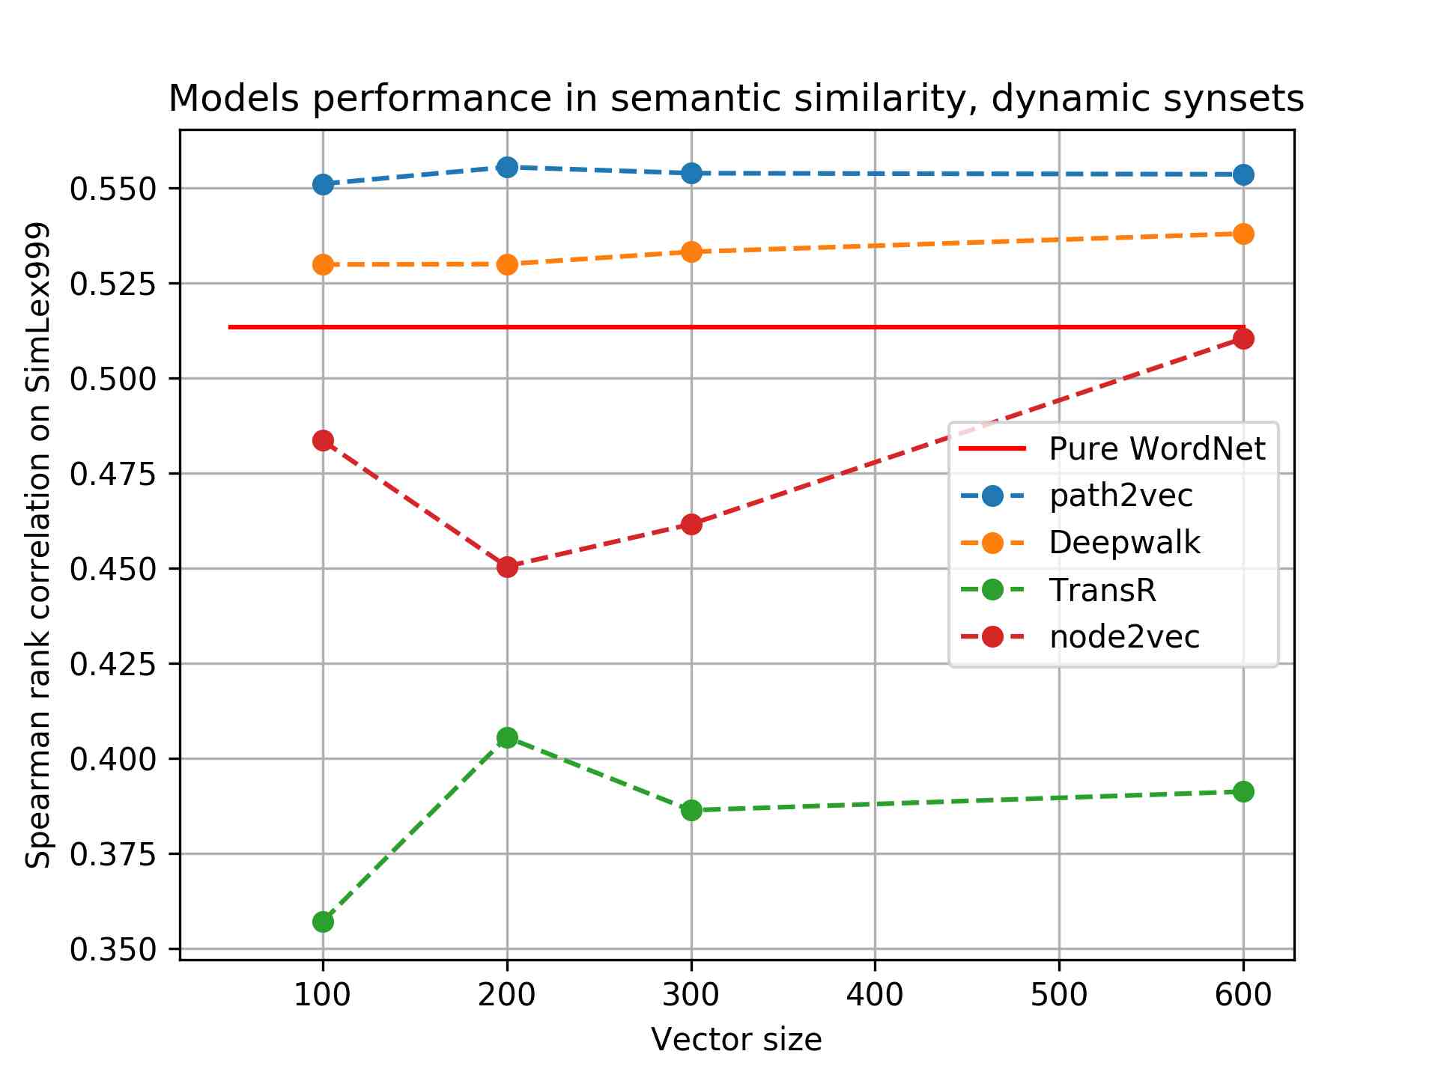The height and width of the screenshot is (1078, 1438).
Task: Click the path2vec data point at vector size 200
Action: pyautogui.click(x=507, y=167)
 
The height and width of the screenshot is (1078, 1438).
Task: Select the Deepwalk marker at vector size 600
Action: pyautogui.click(x=1243, y=234)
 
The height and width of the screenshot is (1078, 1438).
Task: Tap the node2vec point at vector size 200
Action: pyautogui.click(x=507, y=567)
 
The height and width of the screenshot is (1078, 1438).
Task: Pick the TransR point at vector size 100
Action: pyautogui.click(x=323, y=922)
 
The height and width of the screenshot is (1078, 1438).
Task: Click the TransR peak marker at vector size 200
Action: pyautogui.click(x=507, y=737)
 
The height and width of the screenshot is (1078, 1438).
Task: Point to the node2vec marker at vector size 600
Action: pyautogui.click(x=1243, y=339)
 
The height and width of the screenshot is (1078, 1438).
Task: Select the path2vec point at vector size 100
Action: pyautogui.click(x=323, y=184)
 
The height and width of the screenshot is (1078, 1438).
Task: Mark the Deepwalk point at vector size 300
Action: pyautogui.click(x=691, y=252)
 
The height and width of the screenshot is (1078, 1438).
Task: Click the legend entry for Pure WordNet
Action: pyautogui.click(x=1156, y=449)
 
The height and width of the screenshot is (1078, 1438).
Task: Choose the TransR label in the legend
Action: pyautogui.click(x=1102, y=590)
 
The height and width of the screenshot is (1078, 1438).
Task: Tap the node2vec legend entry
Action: pyautogui.click(x=1124, y=637)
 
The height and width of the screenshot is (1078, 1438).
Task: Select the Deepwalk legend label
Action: pyautogui.click(x=1124, y=543)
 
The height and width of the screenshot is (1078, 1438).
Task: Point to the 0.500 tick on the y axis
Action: pyautogui.click(x=113, y=379)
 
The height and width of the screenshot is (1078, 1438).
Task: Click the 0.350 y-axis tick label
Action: pyautogui.click(x=113, y=949)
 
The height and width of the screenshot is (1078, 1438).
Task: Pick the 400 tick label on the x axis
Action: pyautogui.click(x=875, y=995)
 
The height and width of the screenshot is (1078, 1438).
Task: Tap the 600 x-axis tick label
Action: pyautogui.click(x=1243, y=995)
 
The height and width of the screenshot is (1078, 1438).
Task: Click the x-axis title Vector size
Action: pyautogui.click(x=736, y=1040)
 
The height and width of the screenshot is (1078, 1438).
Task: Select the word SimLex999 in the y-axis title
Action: pyautogui.click(x=37, y=308)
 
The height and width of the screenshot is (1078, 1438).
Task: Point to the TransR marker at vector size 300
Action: pyautogui.click(x=691, y=810)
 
